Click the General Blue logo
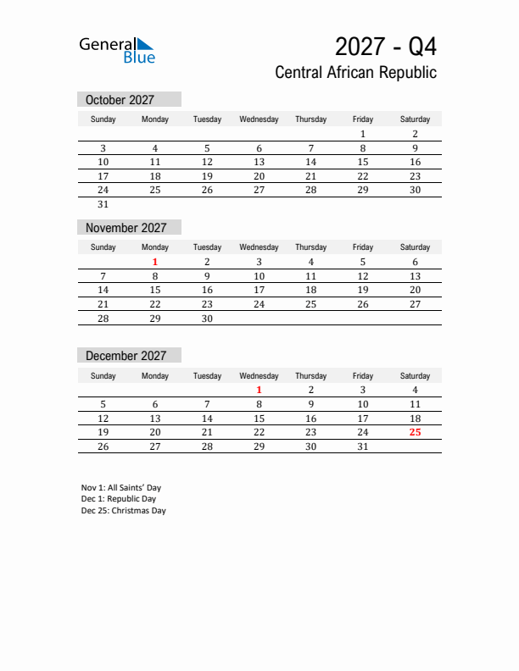coord(117,50)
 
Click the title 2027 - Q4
coord(386,45)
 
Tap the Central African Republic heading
coord(355,73)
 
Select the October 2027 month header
coord(120,100)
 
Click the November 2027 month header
coord(126,228)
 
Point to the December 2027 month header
coord(126,356)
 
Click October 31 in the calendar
coord(103,204)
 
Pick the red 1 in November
coord(155,262)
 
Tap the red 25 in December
coord(415,432)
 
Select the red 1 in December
coord(259,390)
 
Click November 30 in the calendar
coord(207,319)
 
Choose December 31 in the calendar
coord(362,446)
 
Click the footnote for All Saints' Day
coord(121,488)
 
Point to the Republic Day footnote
coord(119,499)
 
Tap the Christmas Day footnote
coord(124,511)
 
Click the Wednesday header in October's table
coord(259,119)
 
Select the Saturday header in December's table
coord(415,375)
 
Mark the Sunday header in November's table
coord(103,247)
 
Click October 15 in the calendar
coord(362,162)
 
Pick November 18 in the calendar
coord(310,290)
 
